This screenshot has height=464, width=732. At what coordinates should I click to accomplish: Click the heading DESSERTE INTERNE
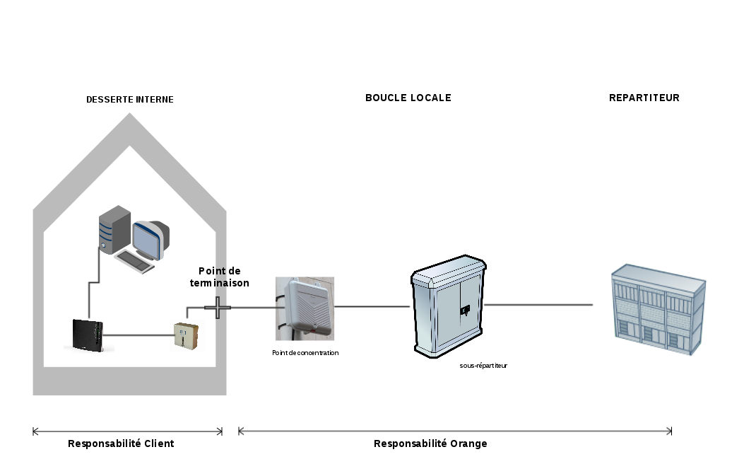[x=129, y=100]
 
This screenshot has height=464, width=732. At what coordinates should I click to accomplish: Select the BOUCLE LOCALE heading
[x=408, y=98]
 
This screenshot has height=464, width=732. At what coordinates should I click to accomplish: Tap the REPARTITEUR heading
[x=644, y=98]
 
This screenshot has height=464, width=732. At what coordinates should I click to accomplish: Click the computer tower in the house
[x=114, y=228]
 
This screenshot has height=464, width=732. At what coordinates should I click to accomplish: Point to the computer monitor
[x=150, y=239]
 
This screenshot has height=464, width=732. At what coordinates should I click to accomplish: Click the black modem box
[x=88, y=334]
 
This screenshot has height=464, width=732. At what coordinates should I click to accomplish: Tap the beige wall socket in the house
[x=186, y=335]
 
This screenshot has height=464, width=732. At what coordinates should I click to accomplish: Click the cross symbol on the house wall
[x=218, y=307]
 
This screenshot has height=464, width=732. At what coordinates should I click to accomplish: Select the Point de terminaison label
[x=220, y=277]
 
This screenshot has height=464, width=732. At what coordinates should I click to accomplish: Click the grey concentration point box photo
[x=305, y=308]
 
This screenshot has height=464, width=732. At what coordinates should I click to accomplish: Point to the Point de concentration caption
[x=305, y=352]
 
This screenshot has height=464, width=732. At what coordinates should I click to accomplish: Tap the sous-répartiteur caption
[x=483, y=366]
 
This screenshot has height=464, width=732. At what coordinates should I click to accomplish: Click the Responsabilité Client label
[x=121, y=443]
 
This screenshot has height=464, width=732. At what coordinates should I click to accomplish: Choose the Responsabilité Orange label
[x=430, y=443]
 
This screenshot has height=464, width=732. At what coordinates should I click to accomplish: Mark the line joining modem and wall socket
[x=138, y=335]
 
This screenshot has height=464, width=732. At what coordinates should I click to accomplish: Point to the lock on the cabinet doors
[x=465, y=309]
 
